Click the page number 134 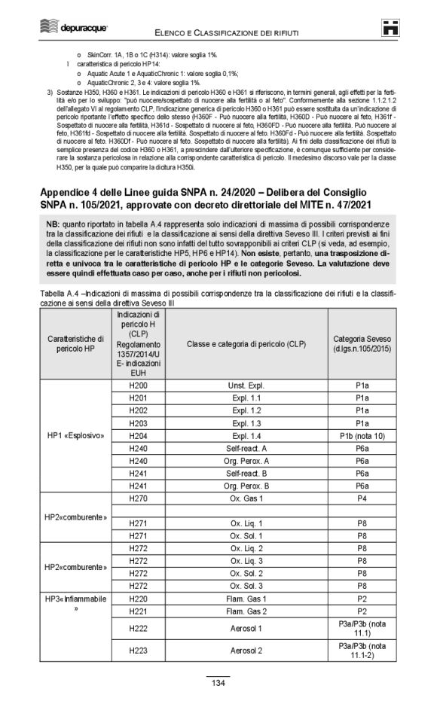218,683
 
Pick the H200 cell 138,385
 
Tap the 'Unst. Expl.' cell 246,385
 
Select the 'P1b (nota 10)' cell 360,435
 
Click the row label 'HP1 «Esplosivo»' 79,435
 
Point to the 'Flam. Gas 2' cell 246,610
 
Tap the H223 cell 138,648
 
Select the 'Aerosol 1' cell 246,626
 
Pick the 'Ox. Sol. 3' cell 246,584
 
